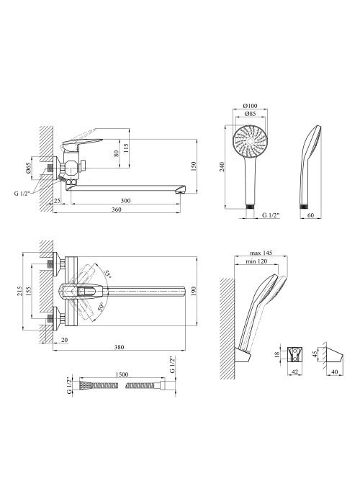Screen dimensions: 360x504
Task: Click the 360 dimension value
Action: tap(117, 210)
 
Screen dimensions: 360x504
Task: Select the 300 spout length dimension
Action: tap(126, 201)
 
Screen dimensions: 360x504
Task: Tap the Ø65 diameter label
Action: tap(28, 168)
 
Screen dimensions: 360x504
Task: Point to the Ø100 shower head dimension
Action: tap(251, 106)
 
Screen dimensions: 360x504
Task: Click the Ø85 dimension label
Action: tap(250, 114)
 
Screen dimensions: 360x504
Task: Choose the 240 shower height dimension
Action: tap(222, 166)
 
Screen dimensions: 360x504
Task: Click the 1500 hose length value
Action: tap(121, 374)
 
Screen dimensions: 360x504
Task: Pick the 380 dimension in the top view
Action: tap(119, 347)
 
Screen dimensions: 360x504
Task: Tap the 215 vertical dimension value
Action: tap(19, 291)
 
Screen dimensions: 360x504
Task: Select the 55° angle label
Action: tap(108, 274)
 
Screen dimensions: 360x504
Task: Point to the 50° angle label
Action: tap(99, 307)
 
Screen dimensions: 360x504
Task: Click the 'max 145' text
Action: tap(261, 253)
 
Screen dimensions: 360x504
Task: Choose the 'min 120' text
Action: tap(256, 261)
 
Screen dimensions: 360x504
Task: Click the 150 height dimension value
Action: tap(194, 166)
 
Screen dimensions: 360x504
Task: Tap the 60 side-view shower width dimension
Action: tap(310, 215)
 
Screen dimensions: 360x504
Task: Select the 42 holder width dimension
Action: tap(294, 372)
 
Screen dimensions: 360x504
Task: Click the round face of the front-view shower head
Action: tap(251, 141)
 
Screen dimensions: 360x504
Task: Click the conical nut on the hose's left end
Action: tap(85, 385)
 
